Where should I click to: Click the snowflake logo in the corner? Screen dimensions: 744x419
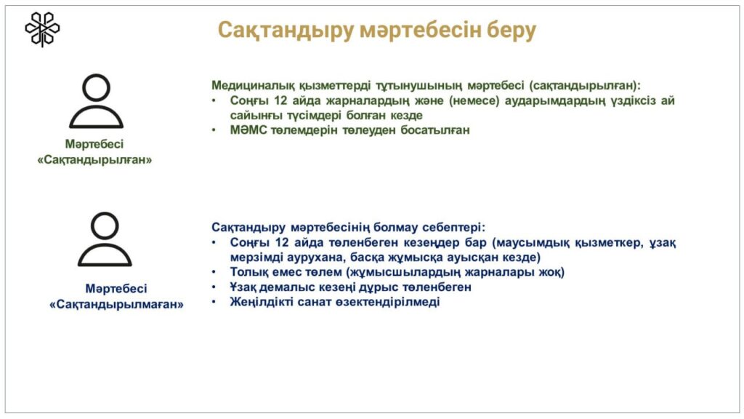[x=42, y=29]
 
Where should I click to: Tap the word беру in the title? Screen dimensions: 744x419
[x=511, y=31]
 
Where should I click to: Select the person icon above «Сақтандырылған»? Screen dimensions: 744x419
[x=97, y=101]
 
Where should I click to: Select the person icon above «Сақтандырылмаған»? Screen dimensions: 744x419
[x=105, y=239]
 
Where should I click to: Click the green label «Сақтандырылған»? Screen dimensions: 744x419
[x=94, y=159]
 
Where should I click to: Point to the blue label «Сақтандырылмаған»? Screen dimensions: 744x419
[x=116, y=304]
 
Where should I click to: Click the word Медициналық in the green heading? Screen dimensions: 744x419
[x=253, y=86]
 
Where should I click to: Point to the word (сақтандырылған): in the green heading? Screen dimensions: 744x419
[x=585, y=86]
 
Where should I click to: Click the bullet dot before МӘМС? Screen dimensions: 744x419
[x=214, y=129]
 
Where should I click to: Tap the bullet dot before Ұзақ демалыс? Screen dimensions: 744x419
[x=214, y=287]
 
